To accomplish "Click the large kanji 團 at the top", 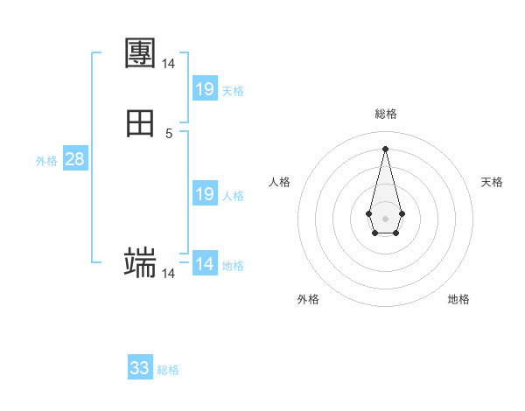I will tap(141, 53).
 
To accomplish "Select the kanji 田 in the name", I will tap(141, 123).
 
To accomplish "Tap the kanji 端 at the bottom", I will tap(141, 262).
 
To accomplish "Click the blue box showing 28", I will tap(74, 159).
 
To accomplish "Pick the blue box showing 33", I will tap(140, 368).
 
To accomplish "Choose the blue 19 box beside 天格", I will tap(205, 89).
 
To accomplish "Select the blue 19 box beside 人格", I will tap(205, 194).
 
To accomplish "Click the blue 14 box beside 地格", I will tap(205, 264).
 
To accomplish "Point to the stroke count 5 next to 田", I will tap(169, 134).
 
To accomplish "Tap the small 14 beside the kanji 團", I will tap(168, 64).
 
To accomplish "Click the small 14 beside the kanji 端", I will tap(168, 274).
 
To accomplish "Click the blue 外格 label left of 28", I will tap(46, 161).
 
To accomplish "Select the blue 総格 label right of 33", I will tap(168, 370).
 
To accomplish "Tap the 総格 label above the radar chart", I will tap(385, 114).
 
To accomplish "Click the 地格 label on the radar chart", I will tap(458, 300).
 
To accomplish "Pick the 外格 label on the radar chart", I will tap(308, 300).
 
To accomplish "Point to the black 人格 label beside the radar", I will tap(280, 182).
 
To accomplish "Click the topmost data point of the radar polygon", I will tap(385, 148).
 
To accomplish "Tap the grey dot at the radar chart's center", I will tap(385, 217).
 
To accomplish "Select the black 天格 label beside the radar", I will tap(492, 182).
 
